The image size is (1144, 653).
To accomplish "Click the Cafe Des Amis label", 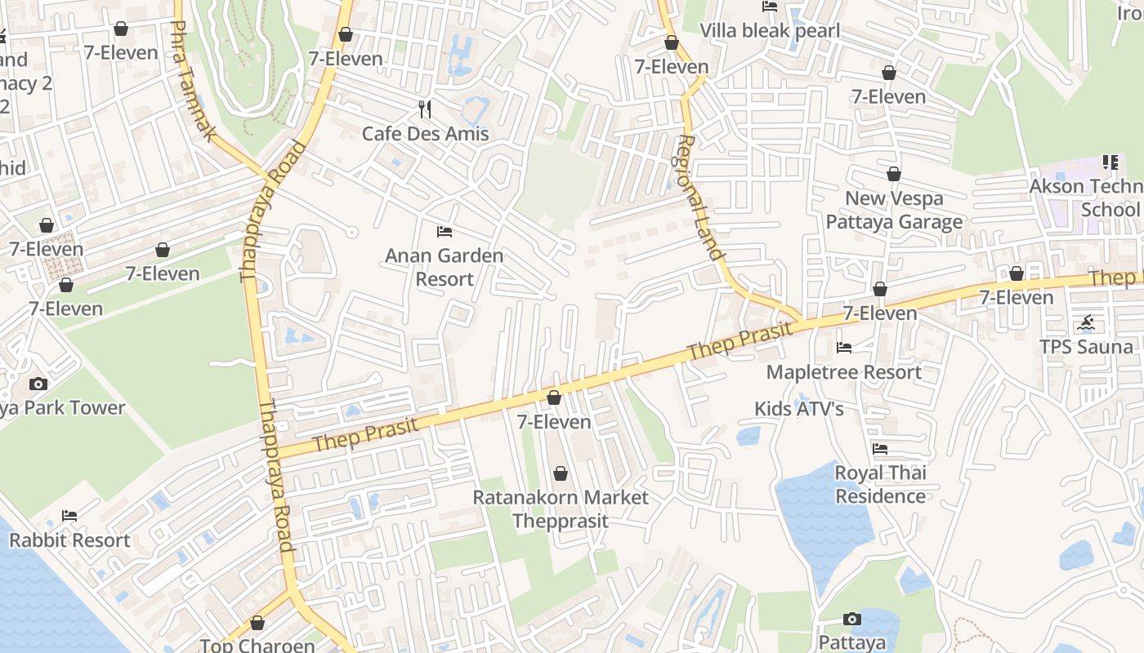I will click(425, 134).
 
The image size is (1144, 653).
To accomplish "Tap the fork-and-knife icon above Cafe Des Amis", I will click(424, 109).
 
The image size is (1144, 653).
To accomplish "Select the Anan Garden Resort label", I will click(445, 267).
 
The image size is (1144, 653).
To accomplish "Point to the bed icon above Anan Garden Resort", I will click(445, 232).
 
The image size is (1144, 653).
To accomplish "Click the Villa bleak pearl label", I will click(770, 31).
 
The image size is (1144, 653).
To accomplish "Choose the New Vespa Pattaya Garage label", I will click(894, 210).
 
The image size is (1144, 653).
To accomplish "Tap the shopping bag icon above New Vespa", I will click(894, 174).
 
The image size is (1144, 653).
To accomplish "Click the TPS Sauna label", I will click(1086, 347).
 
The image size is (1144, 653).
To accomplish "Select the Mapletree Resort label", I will click(843, 372).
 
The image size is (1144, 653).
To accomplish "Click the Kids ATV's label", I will click(798, 408).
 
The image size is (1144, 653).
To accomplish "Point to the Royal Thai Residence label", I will click(880, 484).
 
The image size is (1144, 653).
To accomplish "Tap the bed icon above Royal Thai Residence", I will click(880, 449).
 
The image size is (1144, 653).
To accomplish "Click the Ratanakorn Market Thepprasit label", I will click(561, 509).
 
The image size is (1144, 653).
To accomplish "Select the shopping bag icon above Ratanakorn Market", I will click(561, 473).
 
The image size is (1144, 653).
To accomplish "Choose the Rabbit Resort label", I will click(69, 540).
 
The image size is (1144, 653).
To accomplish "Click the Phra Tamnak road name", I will click(193, 82).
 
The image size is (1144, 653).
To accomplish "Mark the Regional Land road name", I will click(701, 198).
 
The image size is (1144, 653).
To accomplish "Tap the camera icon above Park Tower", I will click(38, 384).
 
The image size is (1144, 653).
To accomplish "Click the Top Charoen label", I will click(257, 645).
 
